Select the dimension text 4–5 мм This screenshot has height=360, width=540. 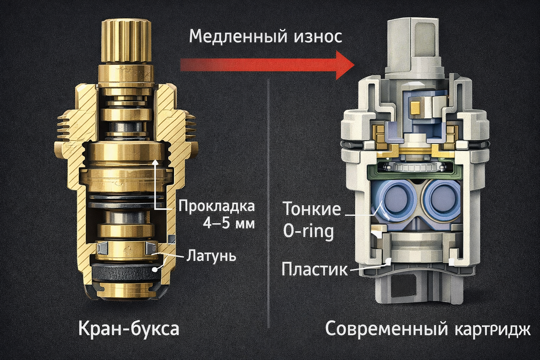(229, 223)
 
